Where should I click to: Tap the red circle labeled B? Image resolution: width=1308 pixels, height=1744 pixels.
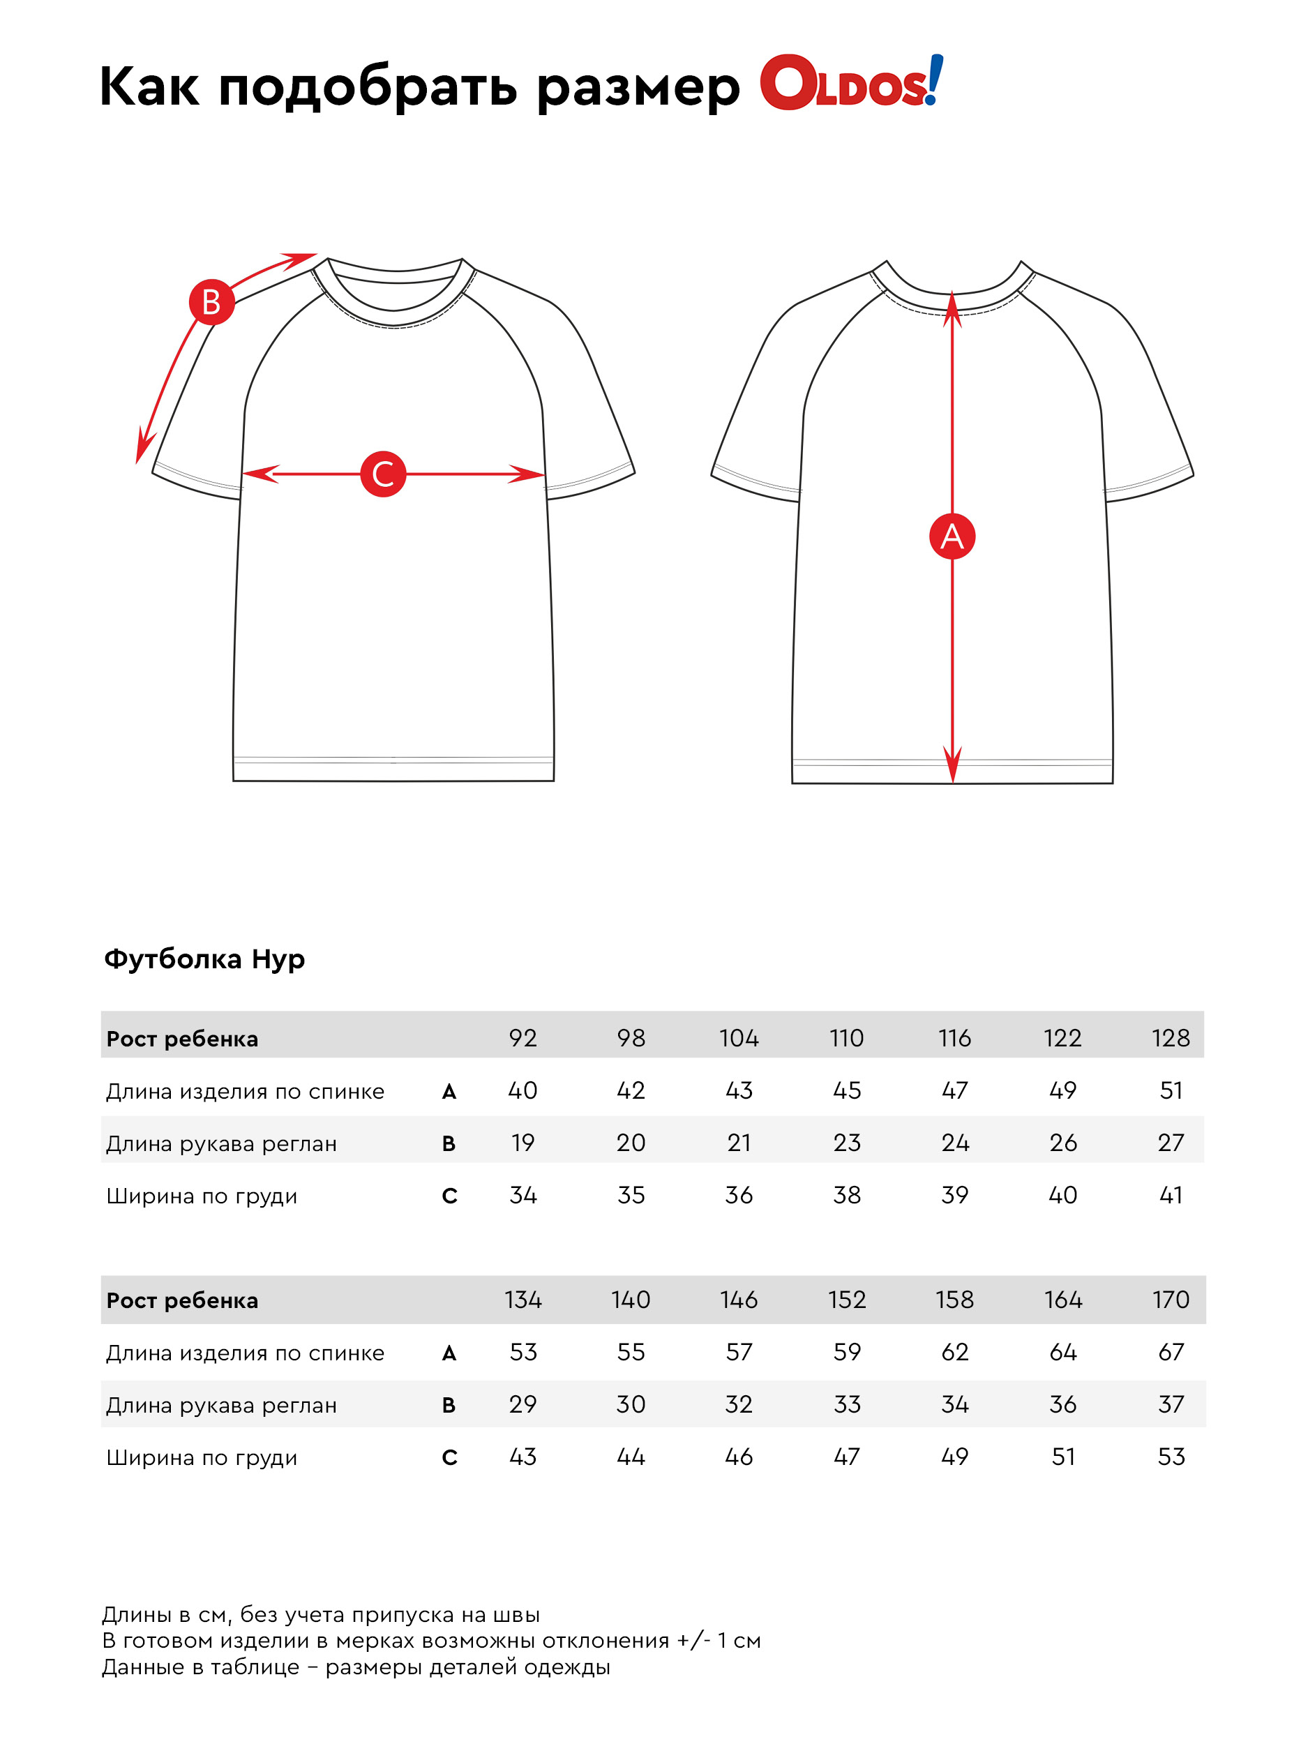click(211, 302)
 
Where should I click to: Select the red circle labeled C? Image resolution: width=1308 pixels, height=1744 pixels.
click(383, 474)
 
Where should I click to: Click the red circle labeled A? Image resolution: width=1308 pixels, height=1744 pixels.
click(952, 537)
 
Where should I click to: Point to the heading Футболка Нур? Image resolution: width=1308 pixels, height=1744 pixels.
click(204, 959)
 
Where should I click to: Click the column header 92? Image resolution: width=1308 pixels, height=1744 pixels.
click(523, 1037)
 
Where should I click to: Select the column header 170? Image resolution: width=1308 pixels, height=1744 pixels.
click(1171, 1300)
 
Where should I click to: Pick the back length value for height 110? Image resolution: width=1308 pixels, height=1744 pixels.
click(847, 1090)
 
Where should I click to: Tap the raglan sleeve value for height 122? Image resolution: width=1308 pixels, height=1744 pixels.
click(1063, 1143)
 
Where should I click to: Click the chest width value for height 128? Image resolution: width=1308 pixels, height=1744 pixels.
click(1171, 1195)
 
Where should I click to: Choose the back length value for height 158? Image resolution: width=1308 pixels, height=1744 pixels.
click(955, 1352)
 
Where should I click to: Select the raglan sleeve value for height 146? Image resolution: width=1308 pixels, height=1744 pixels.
click(739, 1404)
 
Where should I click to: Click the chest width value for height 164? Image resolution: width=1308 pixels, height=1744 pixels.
click(1063, 1457)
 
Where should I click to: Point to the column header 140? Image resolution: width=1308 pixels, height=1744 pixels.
click(631, 1300)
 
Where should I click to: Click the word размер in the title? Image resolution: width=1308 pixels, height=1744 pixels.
click(638, 87)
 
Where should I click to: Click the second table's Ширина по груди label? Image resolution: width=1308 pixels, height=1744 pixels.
click(202, 1458)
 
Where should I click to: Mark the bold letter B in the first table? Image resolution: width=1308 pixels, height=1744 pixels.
click(449, 1143)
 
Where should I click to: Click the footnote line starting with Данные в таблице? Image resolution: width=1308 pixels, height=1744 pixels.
click(356, 1667)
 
